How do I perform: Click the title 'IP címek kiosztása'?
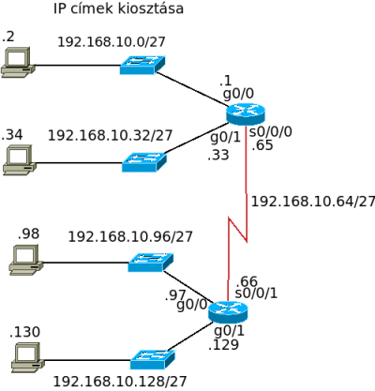pos(118,8)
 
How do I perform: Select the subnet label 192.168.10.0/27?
pos(112,42)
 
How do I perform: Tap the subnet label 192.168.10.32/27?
pos(110,136)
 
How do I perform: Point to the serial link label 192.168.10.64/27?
pos(313,202)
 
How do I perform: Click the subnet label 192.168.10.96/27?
pos(130,237)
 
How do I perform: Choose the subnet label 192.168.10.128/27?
pos(120,382)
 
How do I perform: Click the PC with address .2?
pos(18,62)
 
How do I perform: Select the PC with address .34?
pos(20,159)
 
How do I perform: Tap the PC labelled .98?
pos(26,260)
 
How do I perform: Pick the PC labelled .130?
pos(28,357)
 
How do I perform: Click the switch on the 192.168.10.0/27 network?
pos(142,65)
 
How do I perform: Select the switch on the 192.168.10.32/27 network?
pos(144,162)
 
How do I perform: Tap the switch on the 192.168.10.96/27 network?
pos(151,263)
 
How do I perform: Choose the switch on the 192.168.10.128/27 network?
pos(153,359)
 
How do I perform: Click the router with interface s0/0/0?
pos(246,114)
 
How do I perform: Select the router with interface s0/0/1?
pos(228,312)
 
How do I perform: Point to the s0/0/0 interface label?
pos(271,132)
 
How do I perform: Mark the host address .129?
pos(223,344)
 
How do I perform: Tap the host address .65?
pos(262,145)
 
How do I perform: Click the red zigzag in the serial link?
pos(238,229)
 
